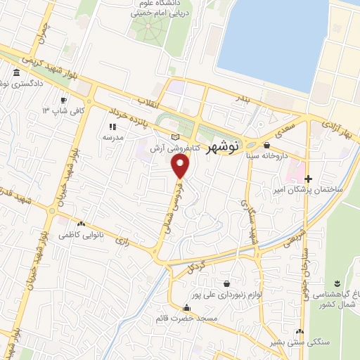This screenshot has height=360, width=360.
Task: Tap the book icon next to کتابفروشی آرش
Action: click(x=175, y=136)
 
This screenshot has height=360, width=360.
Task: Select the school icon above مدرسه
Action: click(x=112, y=127)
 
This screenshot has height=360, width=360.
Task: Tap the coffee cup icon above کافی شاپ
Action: click(x=64, y=100)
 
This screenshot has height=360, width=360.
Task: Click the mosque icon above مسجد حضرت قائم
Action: click(x=186, y=308)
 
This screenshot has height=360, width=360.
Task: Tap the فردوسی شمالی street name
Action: click(x=172, y=201)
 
